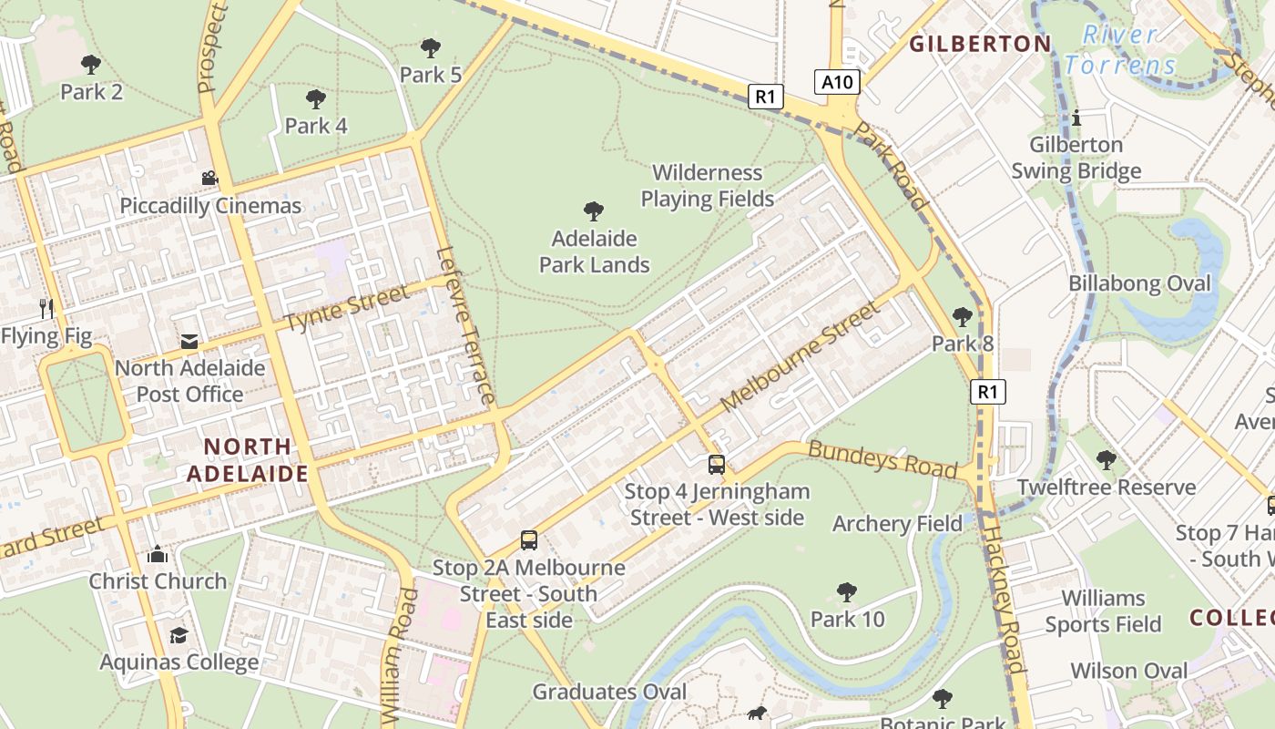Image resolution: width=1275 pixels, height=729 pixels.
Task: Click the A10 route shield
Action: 837,83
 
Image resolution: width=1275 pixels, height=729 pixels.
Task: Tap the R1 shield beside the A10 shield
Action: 766,97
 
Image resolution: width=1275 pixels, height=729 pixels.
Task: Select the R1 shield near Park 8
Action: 988,392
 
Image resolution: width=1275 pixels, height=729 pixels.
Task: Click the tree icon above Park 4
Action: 316,99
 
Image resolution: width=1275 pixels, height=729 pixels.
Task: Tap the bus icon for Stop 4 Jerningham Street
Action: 717,465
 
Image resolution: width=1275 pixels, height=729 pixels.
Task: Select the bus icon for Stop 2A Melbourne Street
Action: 529,540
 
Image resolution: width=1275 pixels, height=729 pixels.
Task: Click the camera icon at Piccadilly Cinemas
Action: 210,179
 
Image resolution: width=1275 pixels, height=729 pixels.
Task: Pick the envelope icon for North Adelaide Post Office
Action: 189,342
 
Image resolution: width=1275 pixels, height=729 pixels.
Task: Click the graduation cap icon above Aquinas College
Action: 178,635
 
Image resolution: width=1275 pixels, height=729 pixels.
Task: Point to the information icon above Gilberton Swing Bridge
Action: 1076,118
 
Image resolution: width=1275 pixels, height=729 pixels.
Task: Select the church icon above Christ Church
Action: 158,554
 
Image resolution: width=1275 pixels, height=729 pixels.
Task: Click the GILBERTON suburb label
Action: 980,44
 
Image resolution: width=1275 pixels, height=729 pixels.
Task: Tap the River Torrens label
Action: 1120,51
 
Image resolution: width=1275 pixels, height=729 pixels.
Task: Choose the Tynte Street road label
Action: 346,309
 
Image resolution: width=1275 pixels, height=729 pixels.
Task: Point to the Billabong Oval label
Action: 1139,283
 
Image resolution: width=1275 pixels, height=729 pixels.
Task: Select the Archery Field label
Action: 897,523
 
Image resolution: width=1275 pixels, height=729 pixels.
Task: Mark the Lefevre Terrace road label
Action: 465,325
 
